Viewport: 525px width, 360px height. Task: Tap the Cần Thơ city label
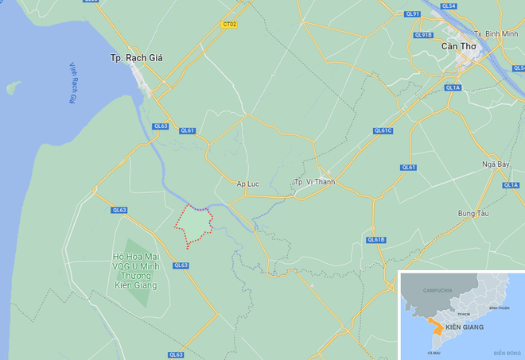pyautogui.click(x=459, y=48)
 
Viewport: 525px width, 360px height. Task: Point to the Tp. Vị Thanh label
pyautogui.click(x=311, y=183)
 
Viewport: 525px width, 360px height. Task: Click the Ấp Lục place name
pyautogui.click(x=247, y=184)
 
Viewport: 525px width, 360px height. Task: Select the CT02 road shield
pyautogui.click(x=229, y=25)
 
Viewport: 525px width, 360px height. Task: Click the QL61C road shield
pyautogui.click(x=383, y=131)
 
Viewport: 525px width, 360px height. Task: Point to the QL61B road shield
pyautogui.click(x=375, y=239)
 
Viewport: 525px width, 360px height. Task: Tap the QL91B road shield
pyautogui.click(x=422, y=35)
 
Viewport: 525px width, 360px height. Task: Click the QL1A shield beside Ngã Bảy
pyautogui.click(x=510, y=184)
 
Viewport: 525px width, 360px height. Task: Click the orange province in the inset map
pyautogui.click(x=434, y=326)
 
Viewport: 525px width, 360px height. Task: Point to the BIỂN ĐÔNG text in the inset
pyautogui.click(x=506, y=353)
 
